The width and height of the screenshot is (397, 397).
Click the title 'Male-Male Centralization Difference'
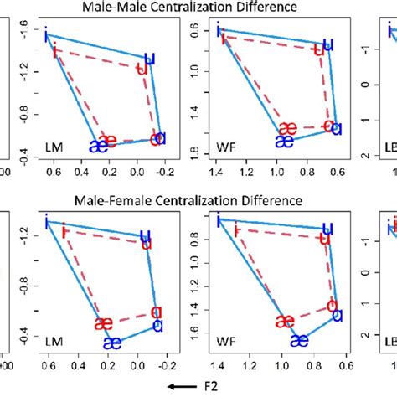(x=198, y=8)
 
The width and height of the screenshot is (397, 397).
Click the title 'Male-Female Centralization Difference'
(x=198, y=201)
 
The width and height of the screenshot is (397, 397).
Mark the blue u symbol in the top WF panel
(x=328, y=44)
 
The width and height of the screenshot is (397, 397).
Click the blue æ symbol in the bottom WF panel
(x=299, y=339)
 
